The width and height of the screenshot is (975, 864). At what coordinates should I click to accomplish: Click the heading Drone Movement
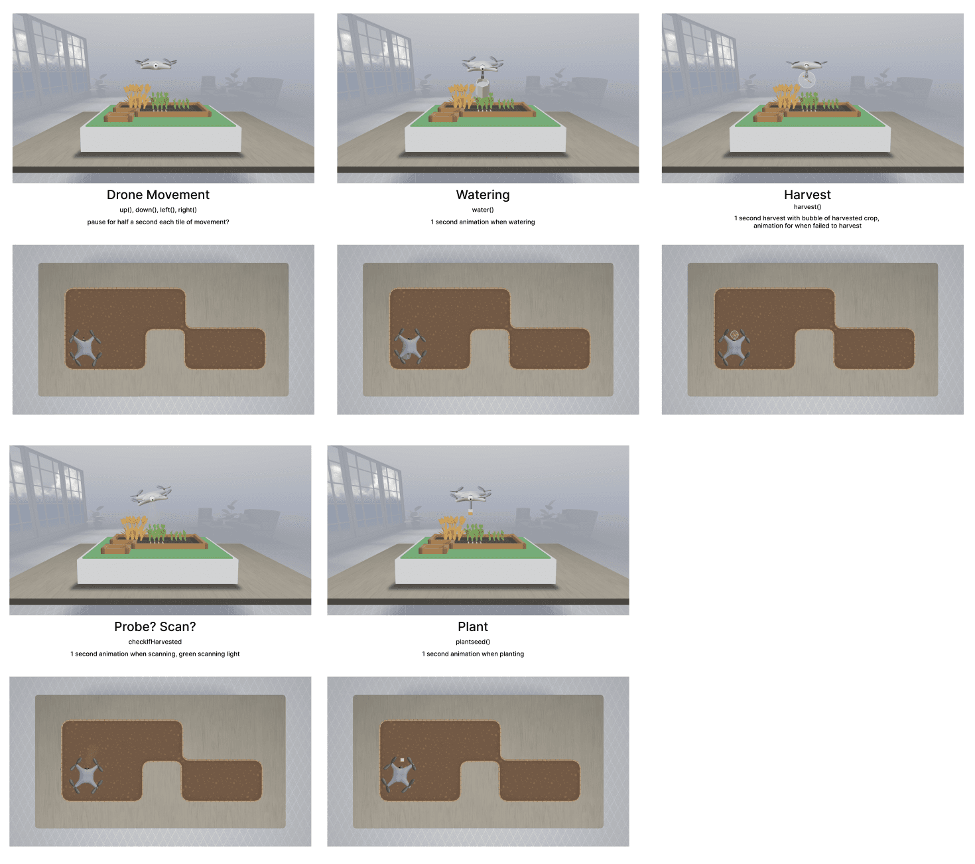tap(158, 194)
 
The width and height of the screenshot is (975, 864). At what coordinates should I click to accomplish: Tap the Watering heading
tap(483, 194)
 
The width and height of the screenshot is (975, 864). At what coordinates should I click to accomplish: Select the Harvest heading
tap(807, 194)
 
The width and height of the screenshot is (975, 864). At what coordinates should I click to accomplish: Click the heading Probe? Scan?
tap(155, 626)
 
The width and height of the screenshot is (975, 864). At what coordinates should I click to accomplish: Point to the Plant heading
tap(473, 626)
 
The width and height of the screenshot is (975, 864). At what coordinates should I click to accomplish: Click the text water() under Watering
tap(483, 210)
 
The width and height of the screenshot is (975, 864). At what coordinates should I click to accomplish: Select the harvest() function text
tap(807, 206)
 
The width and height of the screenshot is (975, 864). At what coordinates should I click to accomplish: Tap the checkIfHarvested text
tap(155, 642)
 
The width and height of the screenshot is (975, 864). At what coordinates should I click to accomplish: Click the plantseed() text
tap(473, 642)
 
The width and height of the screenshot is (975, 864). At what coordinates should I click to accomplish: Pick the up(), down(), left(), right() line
tap(158, 210)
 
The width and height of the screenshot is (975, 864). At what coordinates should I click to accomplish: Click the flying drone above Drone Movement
tap(155, 64)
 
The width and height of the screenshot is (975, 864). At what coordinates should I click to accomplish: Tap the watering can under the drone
tap(483, 87)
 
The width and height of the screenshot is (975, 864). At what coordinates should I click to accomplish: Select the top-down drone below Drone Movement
tap(85, 348)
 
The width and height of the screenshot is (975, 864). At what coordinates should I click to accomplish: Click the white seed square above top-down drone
tap(402, 760)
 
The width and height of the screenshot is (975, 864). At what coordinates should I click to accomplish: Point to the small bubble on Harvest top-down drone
tap(734, 334)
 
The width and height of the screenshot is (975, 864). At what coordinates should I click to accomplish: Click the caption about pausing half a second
tap(158, 222)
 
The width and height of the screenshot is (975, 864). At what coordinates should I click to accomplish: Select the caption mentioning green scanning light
tap(155, 654)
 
